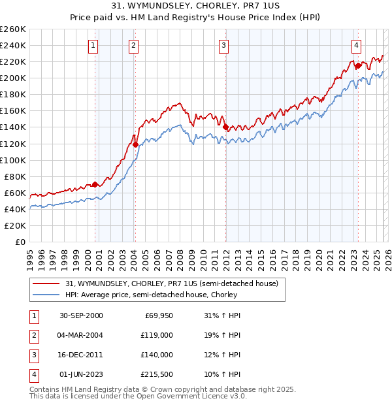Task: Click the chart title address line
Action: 195,7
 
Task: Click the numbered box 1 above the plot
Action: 93,46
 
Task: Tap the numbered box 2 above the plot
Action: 133,46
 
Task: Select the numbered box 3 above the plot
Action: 223,46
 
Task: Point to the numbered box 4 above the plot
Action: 356,46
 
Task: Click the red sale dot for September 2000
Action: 95,184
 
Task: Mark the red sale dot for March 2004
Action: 135,144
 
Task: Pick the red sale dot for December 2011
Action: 225,127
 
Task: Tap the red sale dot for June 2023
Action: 358,65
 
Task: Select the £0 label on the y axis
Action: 20,242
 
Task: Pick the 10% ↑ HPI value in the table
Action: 222,374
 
